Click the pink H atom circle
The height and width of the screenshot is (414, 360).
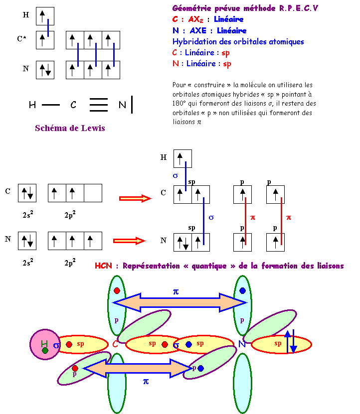coord(45,344)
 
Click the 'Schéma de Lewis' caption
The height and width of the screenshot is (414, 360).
coord(70,128)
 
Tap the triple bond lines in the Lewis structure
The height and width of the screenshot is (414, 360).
coord(99,105)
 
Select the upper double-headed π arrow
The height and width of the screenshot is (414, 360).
coord(180,302)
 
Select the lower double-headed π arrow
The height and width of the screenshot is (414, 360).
coord(138,368)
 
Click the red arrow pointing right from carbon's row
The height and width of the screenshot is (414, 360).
coord(135,198)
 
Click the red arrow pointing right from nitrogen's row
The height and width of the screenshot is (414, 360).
coord(129,241)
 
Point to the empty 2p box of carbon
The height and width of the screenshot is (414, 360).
coord(93,193)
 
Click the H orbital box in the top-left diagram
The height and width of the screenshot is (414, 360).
coord(45,16)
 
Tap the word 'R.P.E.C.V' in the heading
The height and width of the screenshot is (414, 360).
coord(299,8)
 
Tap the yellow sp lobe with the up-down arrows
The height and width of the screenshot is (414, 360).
coord(281,344)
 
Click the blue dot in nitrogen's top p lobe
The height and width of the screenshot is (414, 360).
coord(242,290)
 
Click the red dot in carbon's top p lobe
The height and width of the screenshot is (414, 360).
coord(117,290)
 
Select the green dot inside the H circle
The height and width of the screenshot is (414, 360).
coord(45,351)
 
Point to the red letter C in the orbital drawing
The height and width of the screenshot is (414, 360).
coord(116,344)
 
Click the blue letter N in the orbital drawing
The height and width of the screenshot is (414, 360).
coord(242,344)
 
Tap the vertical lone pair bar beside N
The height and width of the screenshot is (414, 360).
coord(132,105)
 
